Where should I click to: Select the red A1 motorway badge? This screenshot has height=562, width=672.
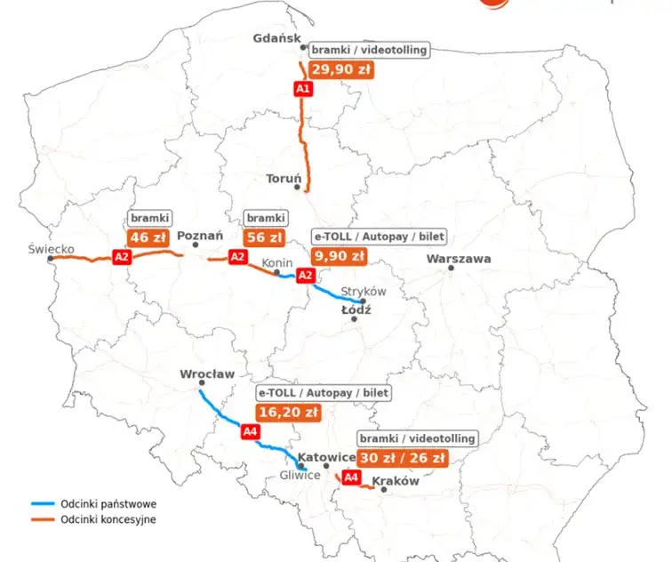(302, 88)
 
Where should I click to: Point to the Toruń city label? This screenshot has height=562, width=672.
(284, 179)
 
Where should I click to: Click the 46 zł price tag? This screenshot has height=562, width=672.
(149, 237)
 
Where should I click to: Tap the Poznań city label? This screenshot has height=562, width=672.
(200, 237)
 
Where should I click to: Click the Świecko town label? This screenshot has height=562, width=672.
(51, 249)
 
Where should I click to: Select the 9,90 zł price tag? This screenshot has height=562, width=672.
(339, 256)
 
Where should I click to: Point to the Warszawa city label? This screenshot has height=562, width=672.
(459, 259)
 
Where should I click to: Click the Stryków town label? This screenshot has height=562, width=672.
(364, 291)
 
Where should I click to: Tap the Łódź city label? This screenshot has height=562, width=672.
(356, 310)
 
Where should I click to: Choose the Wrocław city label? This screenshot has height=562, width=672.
(206, 373)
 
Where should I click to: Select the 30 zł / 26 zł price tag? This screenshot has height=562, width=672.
(402, 458)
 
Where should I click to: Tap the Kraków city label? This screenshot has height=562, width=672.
(396, 481)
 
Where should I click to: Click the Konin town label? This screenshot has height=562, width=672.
(276, 263)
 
